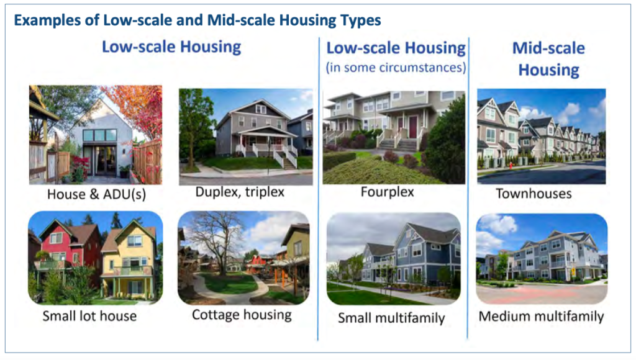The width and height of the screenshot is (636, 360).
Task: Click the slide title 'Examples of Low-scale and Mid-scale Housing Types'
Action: [198, 20]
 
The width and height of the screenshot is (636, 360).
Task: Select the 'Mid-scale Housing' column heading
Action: [548, 59]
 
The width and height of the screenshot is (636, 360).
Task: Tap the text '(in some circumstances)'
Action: [396, 67]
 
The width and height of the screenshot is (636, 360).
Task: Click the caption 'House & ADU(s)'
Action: [96, 194]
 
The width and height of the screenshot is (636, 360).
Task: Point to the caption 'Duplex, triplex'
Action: [240, 192]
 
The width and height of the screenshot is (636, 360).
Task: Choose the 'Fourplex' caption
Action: [388, 192]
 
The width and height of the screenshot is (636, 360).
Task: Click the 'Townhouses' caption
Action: [534, 194]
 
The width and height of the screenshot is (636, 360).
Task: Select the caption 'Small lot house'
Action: [89, 316]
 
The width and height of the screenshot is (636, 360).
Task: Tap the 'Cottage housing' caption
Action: [242, 315]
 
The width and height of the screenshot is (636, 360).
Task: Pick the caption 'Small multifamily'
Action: [391, 318]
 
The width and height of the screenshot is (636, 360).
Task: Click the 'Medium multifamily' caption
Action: [541, 316]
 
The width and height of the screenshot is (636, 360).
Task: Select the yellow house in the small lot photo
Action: [129, 259]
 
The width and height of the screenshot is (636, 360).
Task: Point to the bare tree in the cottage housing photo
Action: [217, 243]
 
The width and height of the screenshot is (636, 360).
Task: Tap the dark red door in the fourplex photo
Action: [413, 127]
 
